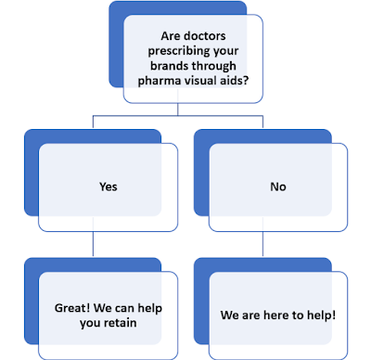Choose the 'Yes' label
coord(109,186)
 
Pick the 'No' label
coord(278,186)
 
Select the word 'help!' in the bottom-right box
coord(316,315)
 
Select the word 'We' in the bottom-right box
coord(230,315)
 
